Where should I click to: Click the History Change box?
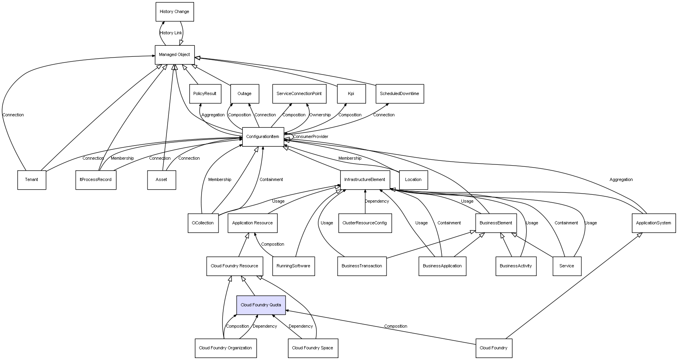[x=174, y=12]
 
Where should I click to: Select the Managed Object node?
[x=174, y=55]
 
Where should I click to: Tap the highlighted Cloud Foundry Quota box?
[x=261, y=305]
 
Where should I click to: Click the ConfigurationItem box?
[x=263, y=137]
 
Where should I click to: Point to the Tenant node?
[x=32, y=180]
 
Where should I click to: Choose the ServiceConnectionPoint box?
[x=299, y=94]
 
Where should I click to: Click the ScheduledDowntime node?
[x=400, y=94]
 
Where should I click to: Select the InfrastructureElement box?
[x=365, y=180]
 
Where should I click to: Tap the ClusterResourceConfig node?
[x=365, y=223]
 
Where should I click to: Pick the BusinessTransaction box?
[x=362, y=266]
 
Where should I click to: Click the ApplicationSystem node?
[x=654, y=223]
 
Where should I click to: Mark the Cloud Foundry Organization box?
[x=225, y=348]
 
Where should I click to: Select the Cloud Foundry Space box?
[x=312, y=348]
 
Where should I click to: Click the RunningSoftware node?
[x=293, y=266]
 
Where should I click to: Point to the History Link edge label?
[x=171, y=33]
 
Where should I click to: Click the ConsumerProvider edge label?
[x=310, y=137]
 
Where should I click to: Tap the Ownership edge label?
[x=320, y=115]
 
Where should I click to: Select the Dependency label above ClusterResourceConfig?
[x=377, y=201]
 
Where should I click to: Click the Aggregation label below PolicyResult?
[x=213, y=115]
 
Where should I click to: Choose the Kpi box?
[x=351, y=94]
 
